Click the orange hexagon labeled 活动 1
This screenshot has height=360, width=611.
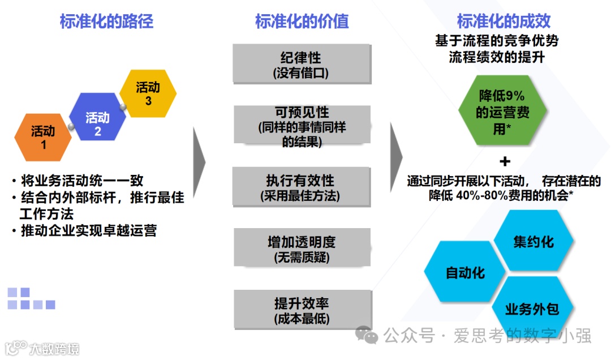pyautogui.click(x=43, y=138)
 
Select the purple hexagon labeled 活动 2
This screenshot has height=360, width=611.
pyautogui.click(x=97, y=123)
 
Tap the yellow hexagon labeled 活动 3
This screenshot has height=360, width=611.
pyautogui.click(x=148, y=93)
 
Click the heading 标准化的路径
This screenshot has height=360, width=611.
pyautogui.click(x=106, y=22)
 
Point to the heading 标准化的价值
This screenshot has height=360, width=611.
pyautogui.click(x=302, y=22)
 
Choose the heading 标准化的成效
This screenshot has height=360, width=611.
pyautogui.click(x=504, y=22)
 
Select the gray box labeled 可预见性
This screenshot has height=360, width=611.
pyautogui.click(x=302, y=126)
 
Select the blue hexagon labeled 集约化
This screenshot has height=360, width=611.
pyautogui.click(x=533, y=242)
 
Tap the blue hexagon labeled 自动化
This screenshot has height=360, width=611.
pyautogui.click(x=465, y=272)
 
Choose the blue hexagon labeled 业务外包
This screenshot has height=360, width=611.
pyautogui.click(x=532, y=309)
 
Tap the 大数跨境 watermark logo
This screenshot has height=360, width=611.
pyautogui.click(x=42, y=347)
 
